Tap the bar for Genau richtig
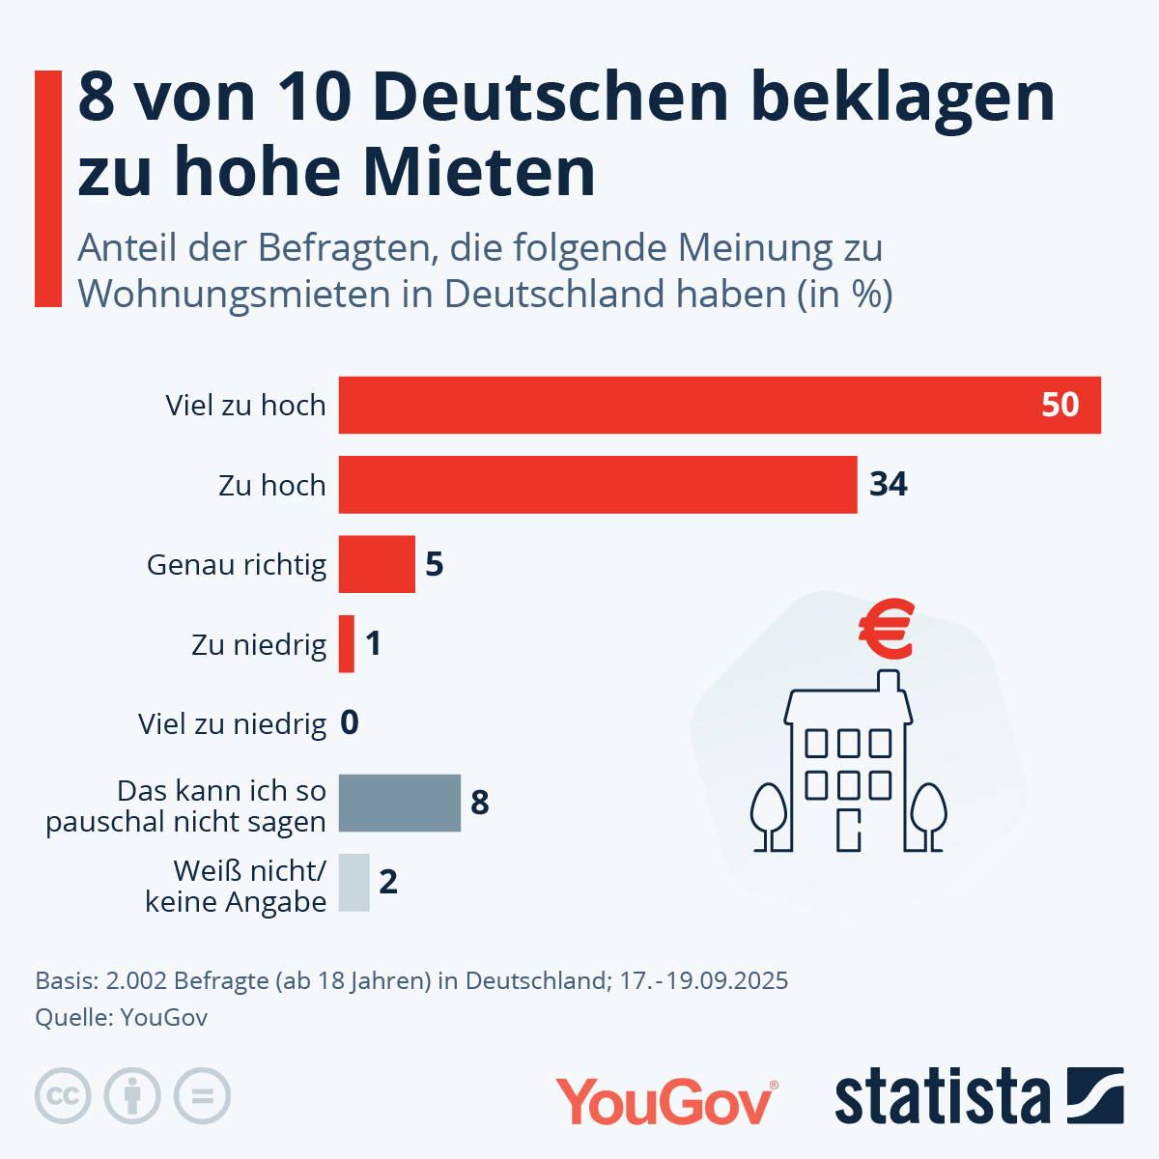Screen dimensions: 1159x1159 coord(377,564)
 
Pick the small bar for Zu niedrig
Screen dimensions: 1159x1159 coord(347,644)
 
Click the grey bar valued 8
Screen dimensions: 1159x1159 coord(399,803)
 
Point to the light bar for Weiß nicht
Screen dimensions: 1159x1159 coord(353,883)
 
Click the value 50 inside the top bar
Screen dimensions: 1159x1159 coord(1060,405)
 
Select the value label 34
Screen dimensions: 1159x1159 coord(888,484)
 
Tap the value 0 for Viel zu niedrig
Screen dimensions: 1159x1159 coord(350,723)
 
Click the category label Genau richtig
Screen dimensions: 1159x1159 coord(237,565)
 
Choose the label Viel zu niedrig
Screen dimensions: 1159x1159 coord(232,724)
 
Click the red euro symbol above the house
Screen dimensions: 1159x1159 coord(887,630)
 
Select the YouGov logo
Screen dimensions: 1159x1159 coord(665,1101)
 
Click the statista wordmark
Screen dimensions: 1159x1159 coord(942,1097)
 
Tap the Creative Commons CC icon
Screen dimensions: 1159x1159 coord(63,1096)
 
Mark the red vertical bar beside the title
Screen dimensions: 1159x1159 coord(48,188)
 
